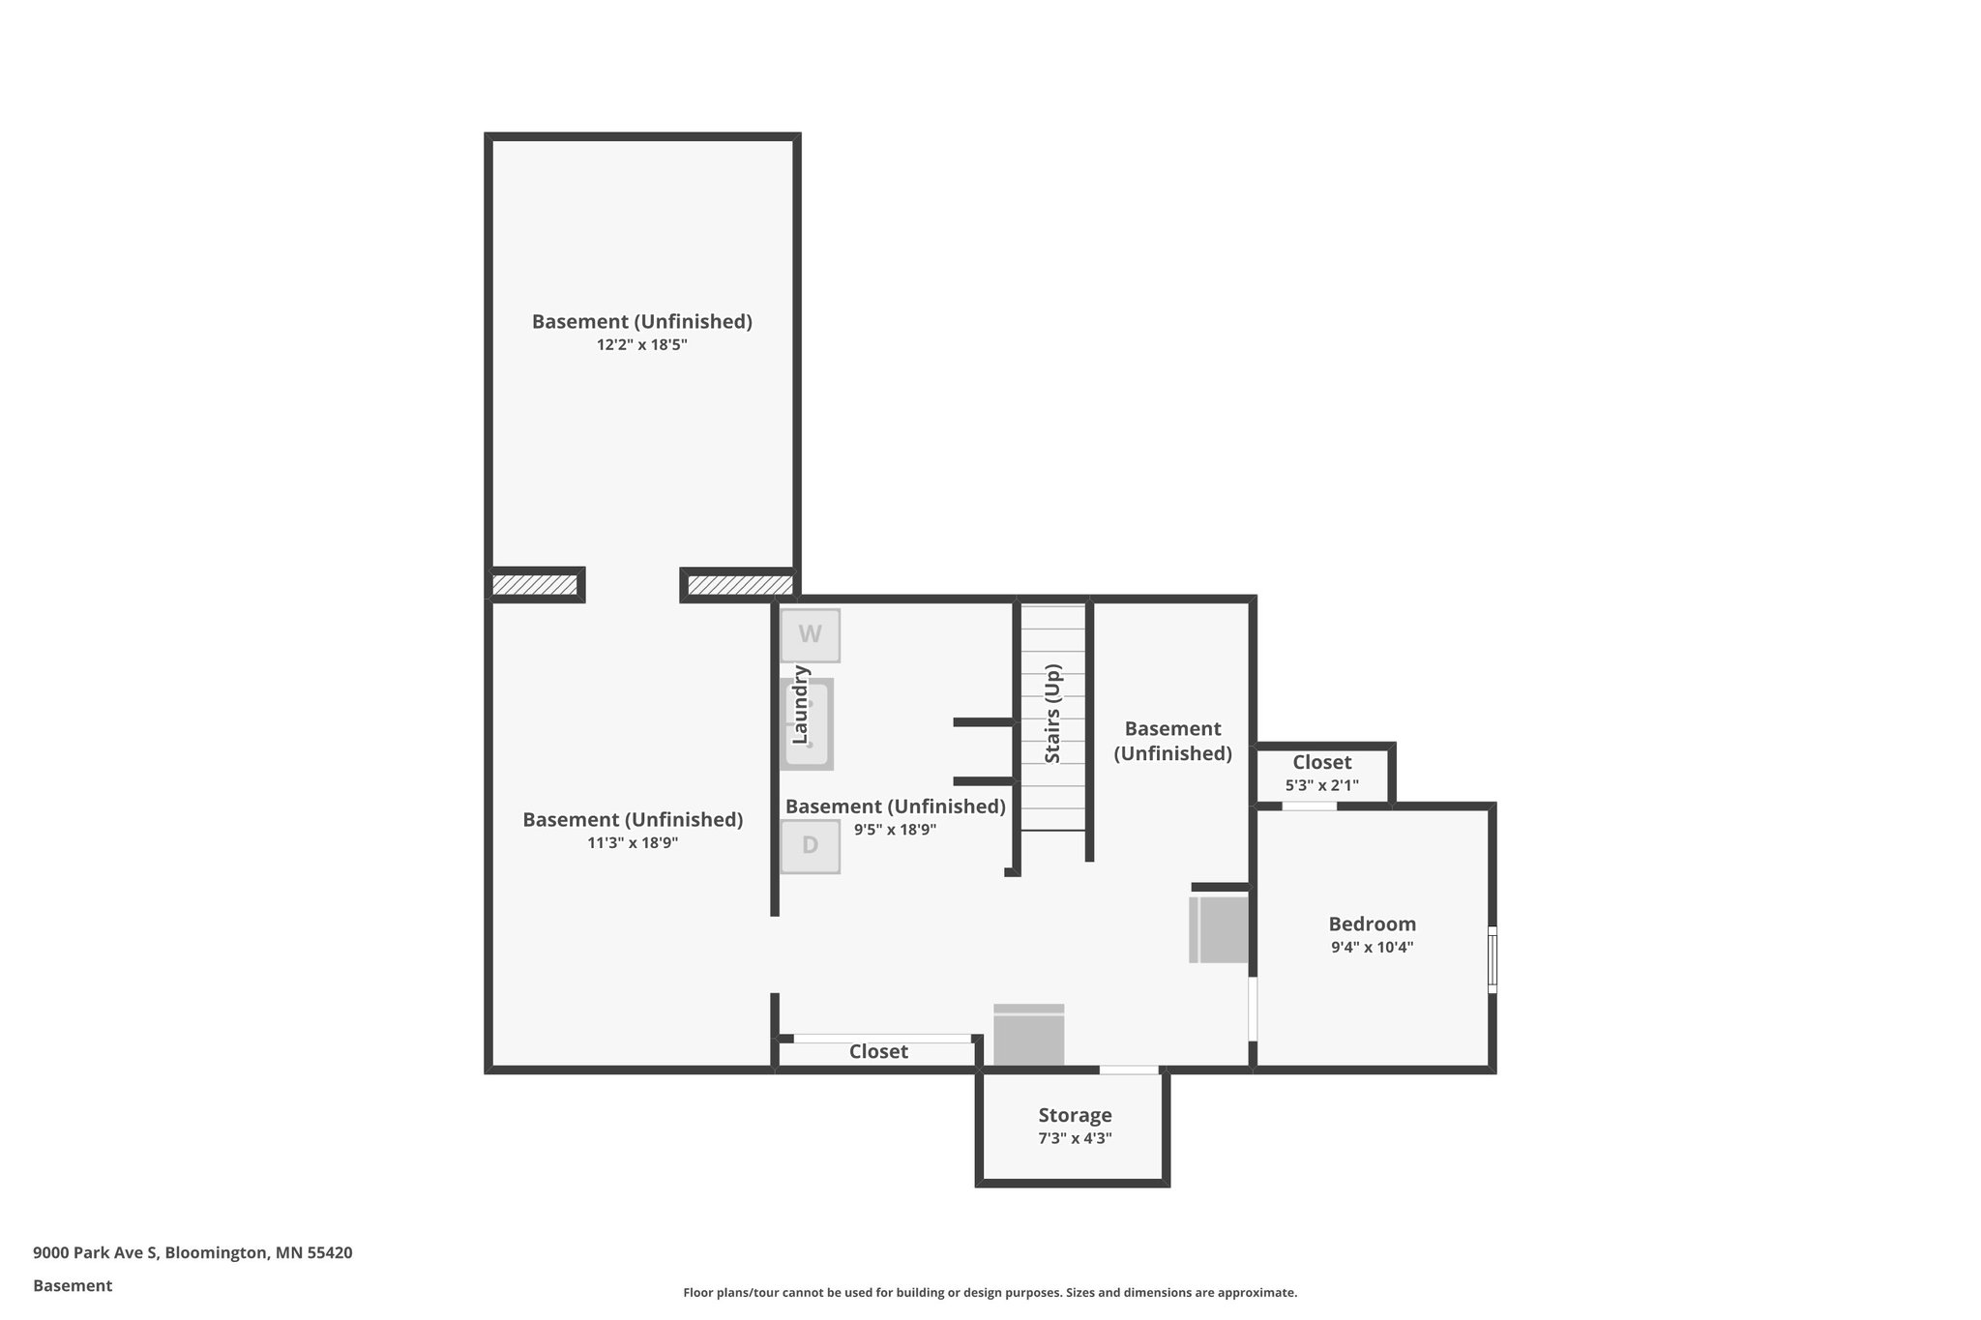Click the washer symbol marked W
pos(810,635)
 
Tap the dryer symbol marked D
pos(810,846)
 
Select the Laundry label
pos(801,704)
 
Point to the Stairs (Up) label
pos(1053,713)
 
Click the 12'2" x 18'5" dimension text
pos(641,344)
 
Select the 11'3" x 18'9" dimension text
pos(633,842)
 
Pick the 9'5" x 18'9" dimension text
pos(895,829)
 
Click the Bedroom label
pos(1372,924)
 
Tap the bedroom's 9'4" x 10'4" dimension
pos(1372,948)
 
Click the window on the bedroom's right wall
pos(1492,959)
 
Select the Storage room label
pos(1075,1115)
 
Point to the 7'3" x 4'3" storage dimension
pos(1075,1138)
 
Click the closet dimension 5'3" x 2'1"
pos(1321,785)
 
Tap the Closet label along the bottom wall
pos(878,1051)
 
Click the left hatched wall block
pos(535,585)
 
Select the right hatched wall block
pos(739,585)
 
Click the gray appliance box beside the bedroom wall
pos(1219,929)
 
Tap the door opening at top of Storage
pos(1129,1070)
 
